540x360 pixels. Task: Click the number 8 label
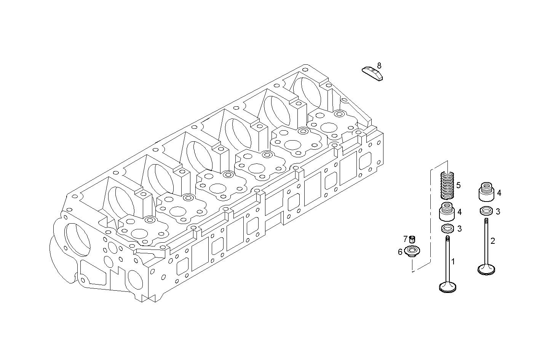(x=379, y=65)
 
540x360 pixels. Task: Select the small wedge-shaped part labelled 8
(x=372, y=73)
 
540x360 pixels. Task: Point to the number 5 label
(x=459, y=185)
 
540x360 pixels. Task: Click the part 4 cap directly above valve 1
(x=447, y=212)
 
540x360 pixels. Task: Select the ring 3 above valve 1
(x=447, y=229)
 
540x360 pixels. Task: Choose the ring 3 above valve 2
(x=486, y=211)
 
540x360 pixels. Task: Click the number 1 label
(x=453, y=261)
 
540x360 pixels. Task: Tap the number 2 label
(x=493, y=241)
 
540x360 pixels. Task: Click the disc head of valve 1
(x=448, y=287)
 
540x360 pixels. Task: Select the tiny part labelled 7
(x=412, y=240)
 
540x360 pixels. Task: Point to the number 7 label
(x=406, y=239)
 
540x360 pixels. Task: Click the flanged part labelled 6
(x=412, y=252)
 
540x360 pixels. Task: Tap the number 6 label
(x=400, y=252)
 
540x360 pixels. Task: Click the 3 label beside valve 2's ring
(x=498, y=211)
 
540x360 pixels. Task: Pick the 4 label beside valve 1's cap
(x=460, y=211)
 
